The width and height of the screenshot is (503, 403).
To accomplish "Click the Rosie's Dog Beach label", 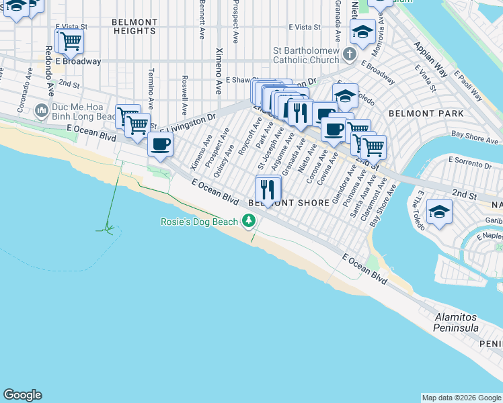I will pos(198,222).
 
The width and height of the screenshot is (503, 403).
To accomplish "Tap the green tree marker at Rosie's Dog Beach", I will pos(249,221).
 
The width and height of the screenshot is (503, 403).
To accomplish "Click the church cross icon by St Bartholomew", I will pos(349,53).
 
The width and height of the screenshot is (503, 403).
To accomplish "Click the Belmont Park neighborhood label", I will pos(435,114).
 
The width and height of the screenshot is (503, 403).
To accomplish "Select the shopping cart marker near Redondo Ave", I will pos(69,42).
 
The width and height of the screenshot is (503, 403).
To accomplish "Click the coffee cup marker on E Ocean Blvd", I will pos(160,144).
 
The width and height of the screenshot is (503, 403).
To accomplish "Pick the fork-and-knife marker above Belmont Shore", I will pos(268,189).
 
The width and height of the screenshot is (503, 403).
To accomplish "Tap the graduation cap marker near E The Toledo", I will pos(439,210).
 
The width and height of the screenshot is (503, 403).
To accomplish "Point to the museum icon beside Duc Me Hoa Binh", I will pos(42,109).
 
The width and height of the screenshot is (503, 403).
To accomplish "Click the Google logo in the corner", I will pos(22,395).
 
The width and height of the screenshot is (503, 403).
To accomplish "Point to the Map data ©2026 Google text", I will pos(461,398).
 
